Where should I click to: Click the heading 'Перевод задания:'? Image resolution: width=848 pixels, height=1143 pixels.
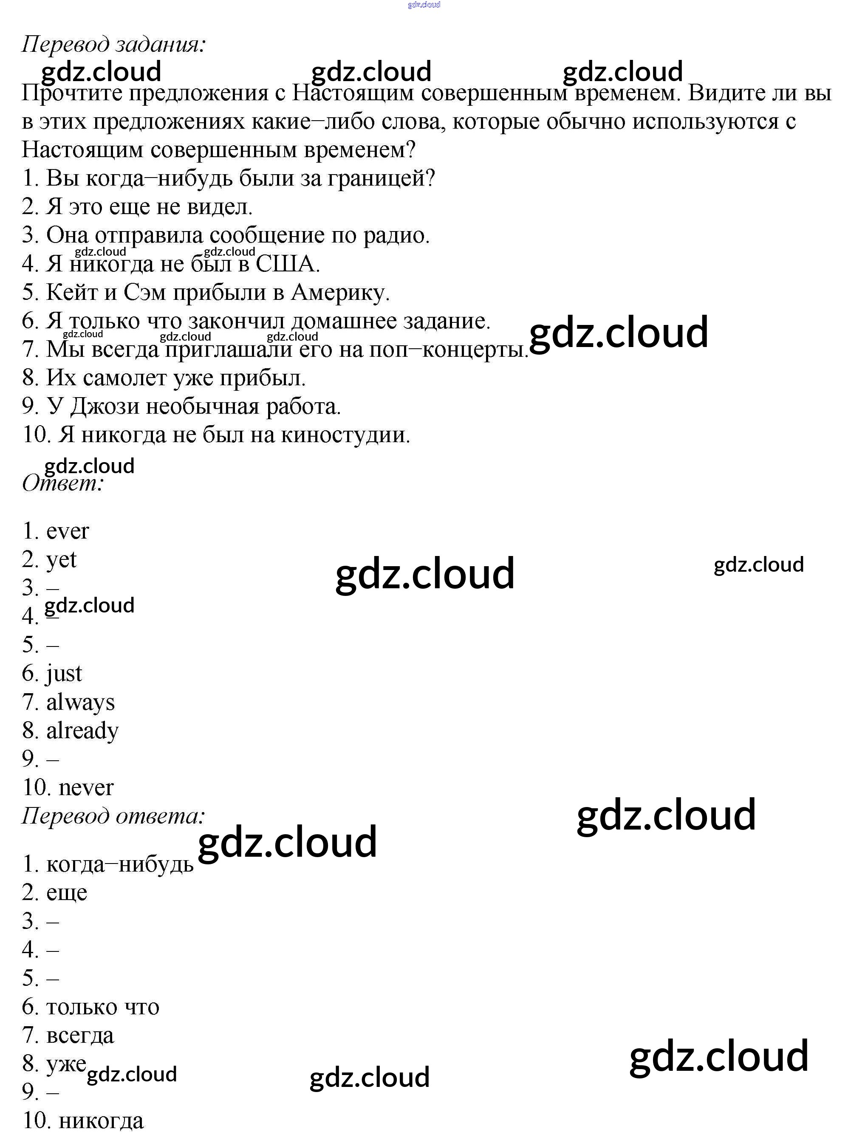113,45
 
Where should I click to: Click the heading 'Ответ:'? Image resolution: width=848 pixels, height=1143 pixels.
62,483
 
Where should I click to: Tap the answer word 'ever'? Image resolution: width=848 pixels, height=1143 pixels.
67,531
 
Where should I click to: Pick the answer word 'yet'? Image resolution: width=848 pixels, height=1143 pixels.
61,560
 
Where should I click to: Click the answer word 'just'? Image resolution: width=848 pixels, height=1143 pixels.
64,673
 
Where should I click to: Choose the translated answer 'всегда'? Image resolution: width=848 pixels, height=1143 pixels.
80,1035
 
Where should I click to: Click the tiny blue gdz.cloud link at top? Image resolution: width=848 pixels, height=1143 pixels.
424,5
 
